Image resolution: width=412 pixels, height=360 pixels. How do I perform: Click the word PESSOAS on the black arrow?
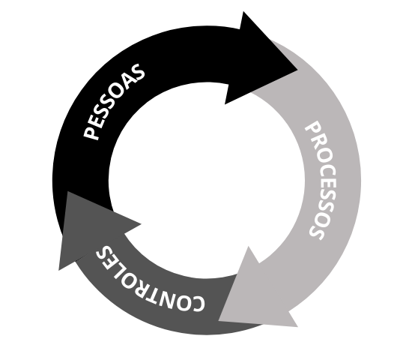[114, 101]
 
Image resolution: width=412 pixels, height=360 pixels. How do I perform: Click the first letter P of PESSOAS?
[91, 133]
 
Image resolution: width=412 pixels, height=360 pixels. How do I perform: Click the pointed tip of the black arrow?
[297, 70]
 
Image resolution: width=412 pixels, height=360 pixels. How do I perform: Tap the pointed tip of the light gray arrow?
[219, 320]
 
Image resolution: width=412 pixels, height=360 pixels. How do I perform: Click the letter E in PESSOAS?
[97, 120]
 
